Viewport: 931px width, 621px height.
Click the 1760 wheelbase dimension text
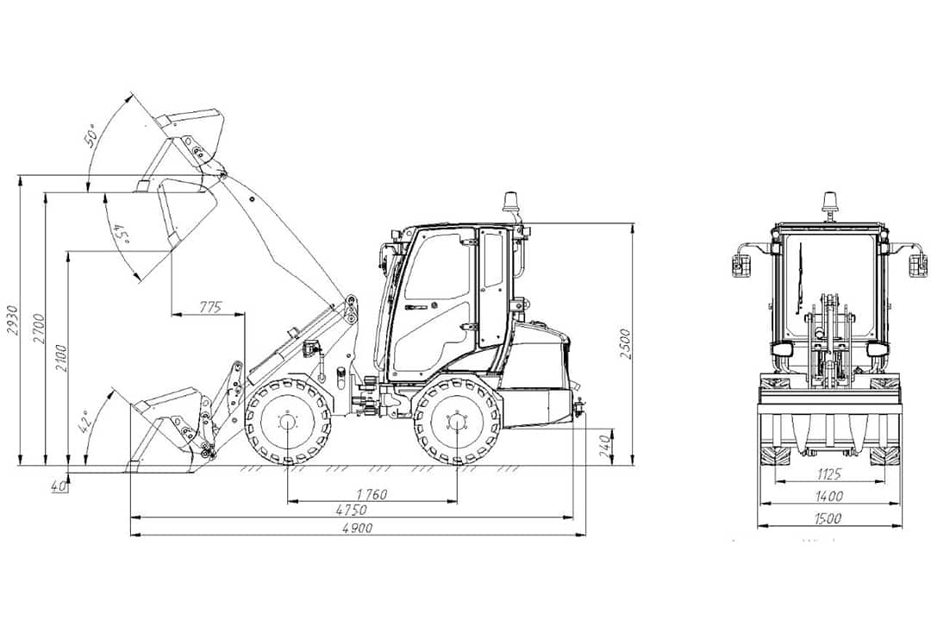click(372, 494)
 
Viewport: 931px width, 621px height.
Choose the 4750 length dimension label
click(352, 510)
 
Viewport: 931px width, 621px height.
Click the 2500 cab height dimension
click(625, 343)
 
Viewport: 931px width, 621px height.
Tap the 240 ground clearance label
click(605, 446)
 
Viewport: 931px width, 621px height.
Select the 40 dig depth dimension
click(58, 486)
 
